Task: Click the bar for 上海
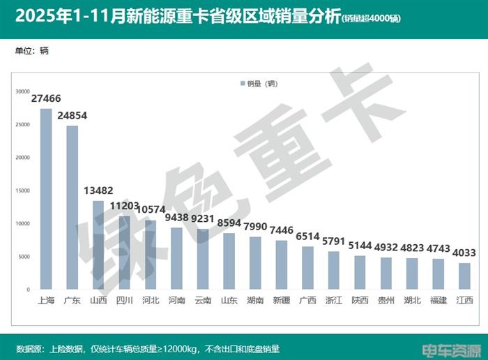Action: [46, 199]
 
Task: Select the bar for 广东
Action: [73, 207]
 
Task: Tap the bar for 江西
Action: [464, 276]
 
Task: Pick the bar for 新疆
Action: [282, 264]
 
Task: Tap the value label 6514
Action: [308, 237]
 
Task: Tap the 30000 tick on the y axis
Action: [23, 91]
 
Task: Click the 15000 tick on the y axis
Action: [23, 190]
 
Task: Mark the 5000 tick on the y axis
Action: [24, 257]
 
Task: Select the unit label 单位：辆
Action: [31, 51]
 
